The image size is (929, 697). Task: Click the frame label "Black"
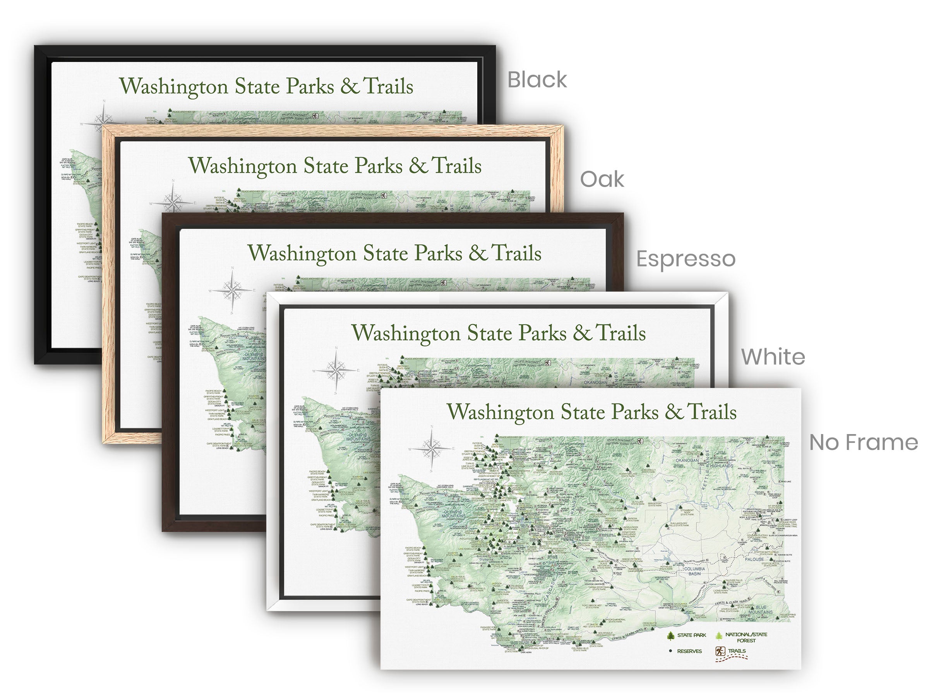tap(537, 80)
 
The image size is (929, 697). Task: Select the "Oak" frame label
tap(602, 180)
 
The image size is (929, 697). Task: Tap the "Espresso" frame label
tap(686, 259)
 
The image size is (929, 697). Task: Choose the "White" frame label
tap(773, 357)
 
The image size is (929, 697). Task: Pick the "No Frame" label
tap(863, 442)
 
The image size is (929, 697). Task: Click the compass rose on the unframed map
tap(431, 448)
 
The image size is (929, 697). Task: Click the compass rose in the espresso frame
tap(232, 290)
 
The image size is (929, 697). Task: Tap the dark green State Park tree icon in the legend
tap(671, 636)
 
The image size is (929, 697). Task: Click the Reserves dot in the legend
tap(671, 651)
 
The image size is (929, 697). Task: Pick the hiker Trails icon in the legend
tap(720, 651)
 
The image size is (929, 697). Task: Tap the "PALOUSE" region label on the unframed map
tap(754, 559)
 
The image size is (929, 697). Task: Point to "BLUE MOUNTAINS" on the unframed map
tap(761, 609)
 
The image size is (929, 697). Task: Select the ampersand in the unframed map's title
tap(674, 412)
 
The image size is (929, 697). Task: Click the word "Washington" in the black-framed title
tap(174, 87)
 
